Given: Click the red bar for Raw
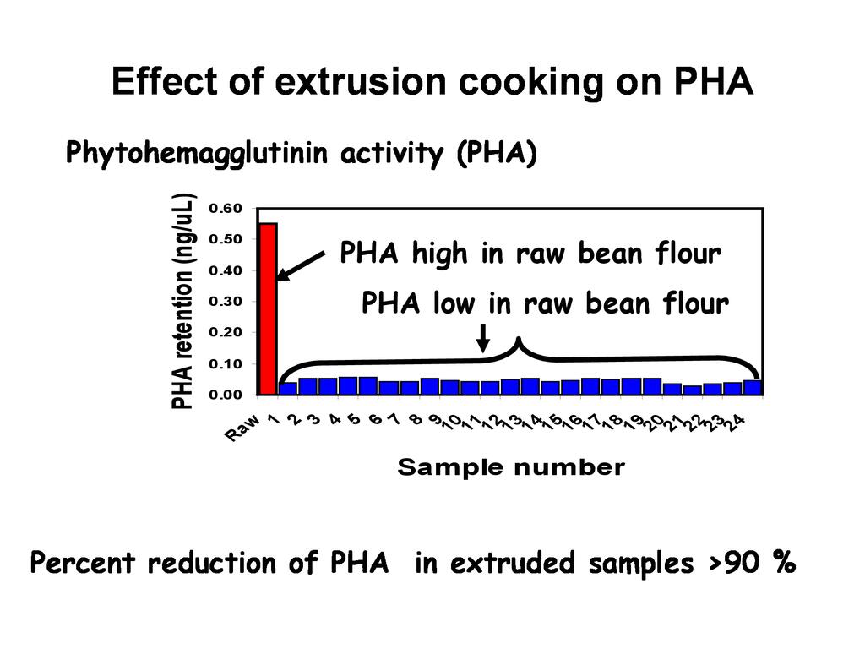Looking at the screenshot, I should tap(268, 308).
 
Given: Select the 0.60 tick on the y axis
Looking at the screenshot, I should tap(226, 209).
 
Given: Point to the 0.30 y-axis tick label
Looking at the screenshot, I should tap(226, 302).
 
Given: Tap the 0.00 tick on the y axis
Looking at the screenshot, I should tap(226, 395).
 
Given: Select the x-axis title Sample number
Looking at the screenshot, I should tap(511, 467).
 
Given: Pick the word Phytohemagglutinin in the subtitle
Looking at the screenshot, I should tap(197, 155).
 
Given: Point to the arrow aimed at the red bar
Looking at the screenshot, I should tap(301, 265).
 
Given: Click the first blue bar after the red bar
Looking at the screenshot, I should tap(288, 389).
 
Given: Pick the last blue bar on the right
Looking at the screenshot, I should tap(753, 388).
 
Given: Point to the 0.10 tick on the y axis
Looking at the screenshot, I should tap(226, 363).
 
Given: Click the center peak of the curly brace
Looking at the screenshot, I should tap(519, 341).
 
